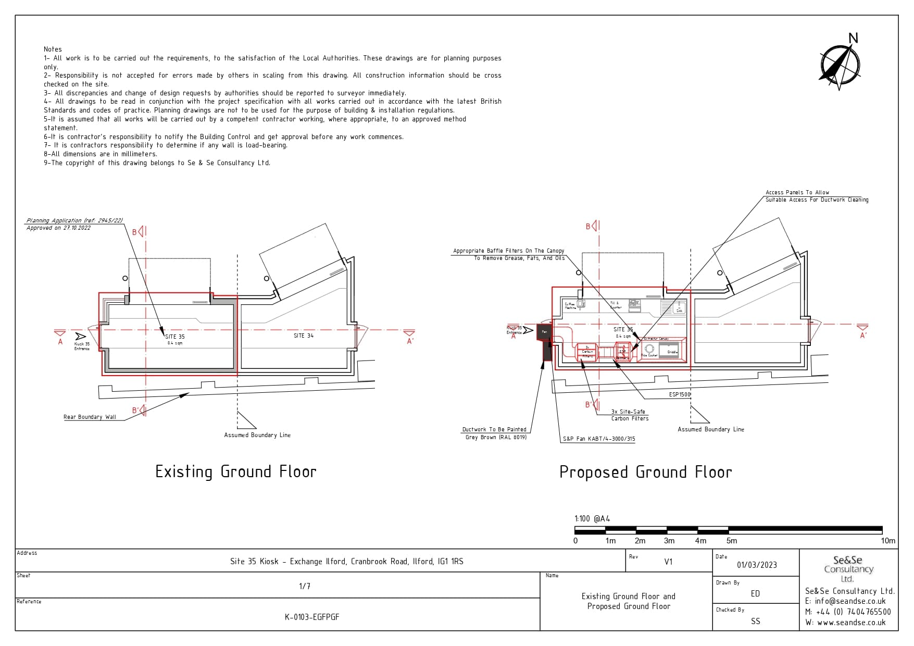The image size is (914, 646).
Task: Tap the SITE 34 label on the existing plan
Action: tap(304, 336)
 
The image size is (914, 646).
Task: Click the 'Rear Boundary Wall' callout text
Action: tap(90, 417)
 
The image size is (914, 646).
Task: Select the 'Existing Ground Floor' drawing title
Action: tap(236, 472)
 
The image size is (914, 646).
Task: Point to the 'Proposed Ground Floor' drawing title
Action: tap(645, 473)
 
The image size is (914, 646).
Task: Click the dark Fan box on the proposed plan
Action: tap(544, 331)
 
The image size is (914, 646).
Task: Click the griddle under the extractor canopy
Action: tap(672, 350)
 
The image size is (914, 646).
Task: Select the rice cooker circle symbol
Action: tap(649, 349)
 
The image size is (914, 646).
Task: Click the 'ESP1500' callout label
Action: tap(679, 394)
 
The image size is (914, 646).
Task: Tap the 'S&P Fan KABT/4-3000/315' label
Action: tap(598, 439)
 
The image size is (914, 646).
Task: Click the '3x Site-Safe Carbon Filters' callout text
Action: tap(630, 415)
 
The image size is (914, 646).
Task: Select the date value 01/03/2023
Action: tap(757, 565)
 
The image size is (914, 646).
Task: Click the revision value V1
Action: tap(668, 562)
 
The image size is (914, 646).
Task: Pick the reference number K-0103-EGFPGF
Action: tap(312, 617)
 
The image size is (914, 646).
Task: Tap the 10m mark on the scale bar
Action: tap(888, 541)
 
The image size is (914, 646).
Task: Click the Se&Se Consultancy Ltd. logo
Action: tap(848, 568)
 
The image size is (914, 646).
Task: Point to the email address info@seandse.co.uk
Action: tap(850, 601)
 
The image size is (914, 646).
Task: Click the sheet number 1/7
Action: tap(305, 586)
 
